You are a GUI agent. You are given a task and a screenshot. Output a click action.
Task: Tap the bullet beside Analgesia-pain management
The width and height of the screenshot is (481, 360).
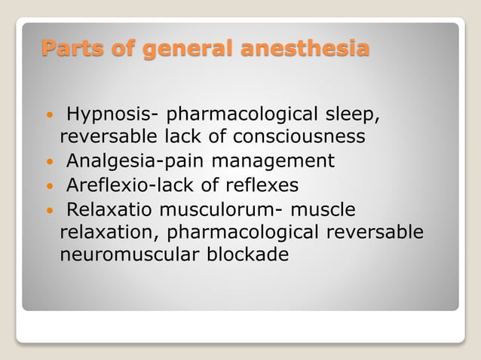point(49,163)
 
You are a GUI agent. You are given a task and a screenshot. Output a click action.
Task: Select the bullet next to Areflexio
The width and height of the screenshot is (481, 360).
point(49,186)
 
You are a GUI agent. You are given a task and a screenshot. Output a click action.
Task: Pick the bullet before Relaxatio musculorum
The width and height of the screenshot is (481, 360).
point(49,209)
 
